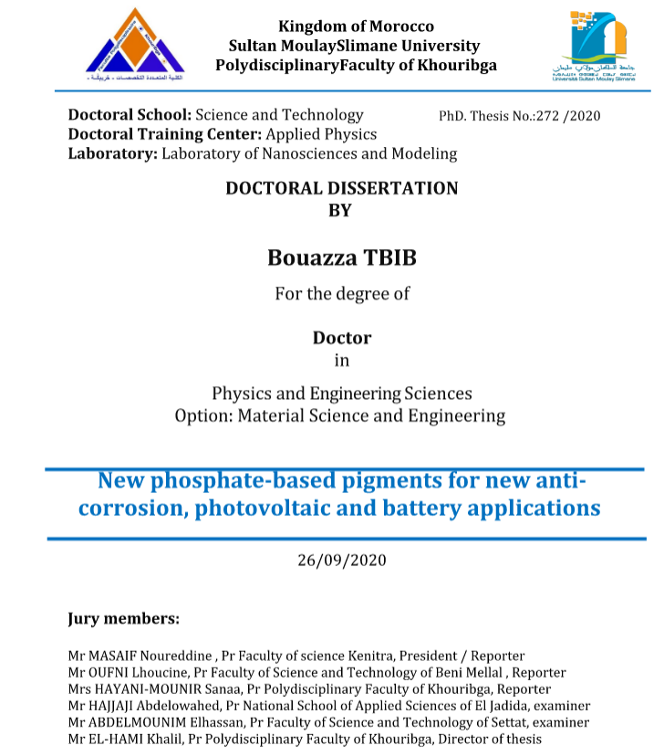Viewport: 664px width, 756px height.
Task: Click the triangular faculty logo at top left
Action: pyautogui.click(x=135, y=44)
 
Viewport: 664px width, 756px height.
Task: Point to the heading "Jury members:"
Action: pyautogui.click(x=123, y=618)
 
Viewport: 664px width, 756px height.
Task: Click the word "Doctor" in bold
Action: pyautogui.click(x=342, y=337)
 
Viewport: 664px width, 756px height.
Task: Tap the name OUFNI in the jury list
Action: pyautogui.click(x=114, y=672)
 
